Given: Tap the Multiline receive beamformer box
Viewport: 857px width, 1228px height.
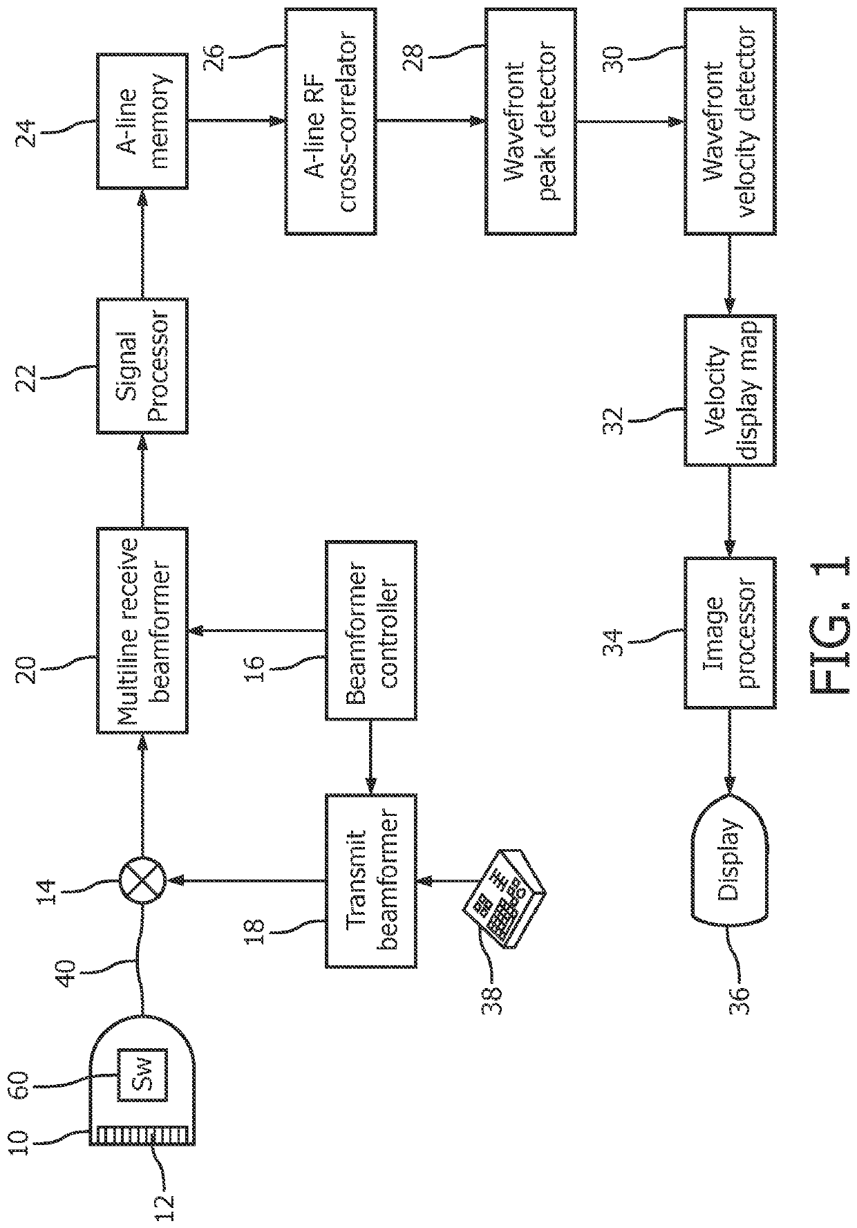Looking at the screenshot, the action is [x=142, y=630].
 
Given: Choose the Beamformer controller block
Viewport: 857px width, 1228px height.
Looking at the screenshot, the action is [x=371, y=631].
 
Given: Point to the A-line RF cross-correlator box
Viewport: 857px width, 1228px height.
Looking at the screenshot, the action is [x=330, y=122].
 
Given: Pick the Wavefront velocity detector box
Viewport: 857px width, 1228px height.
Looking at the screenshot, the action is [x=731, y=122].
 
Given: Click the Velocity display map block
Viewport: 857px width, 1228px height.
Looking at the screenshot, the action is [x=731, y=391].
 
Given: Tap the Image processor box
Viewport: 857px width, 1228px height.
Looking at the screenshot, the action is [x=731, y=632].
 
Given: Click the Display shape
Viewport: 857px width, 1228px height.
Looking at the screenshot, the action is [x=731, y=868].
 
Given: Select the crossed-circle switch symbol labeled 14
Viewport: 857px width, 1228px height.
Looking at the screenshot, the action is [x=142, y=880].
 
